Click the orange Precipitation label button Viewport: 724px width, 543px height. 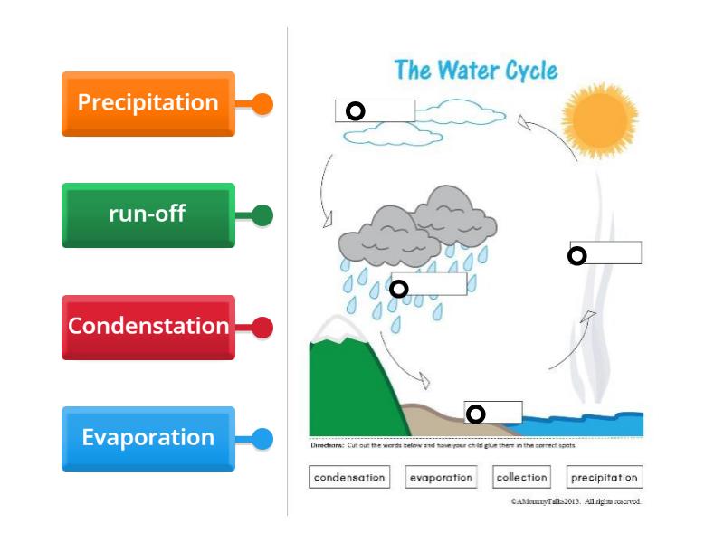(x=148, y=103)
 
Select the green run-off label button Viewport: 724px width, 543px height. (x=148, y=215)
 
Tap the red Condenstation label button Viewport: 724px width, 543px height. (x=148, y=327)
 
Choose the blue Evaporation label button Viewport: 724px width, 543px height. (x=148, y=438)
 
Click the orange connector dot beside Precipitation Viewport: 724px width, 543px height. (x=262, y=104)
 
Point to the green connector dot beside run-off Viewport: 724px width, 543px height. (x=262, y=215)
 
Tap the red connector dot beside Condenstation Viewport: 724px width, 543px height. (x=262, y=328)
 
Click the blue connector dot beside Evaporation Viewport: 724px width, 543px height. (x=262, y=439)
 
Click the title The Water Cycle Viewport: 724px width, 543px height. (x=475, y=71)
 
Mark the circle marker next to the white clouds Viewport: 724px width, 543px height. (x=356, y=110)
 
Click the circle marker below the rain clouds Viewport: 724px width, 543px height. (x=398, y=289)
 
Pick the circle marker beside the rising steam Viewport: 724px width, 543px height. (x=576, y=256)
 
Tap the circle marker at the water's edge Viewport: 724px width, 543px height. (x=475, y=414)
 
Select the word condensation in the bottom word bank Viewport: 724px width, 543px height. (x=349, y=477)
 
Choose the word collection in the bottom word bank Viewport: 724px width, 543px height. (x=522, y=477)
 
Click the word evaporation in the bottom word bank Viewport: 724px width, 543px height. (x=441, y=477)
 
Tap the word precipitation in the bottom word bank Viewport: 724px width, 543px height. (x=605, y=477)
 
